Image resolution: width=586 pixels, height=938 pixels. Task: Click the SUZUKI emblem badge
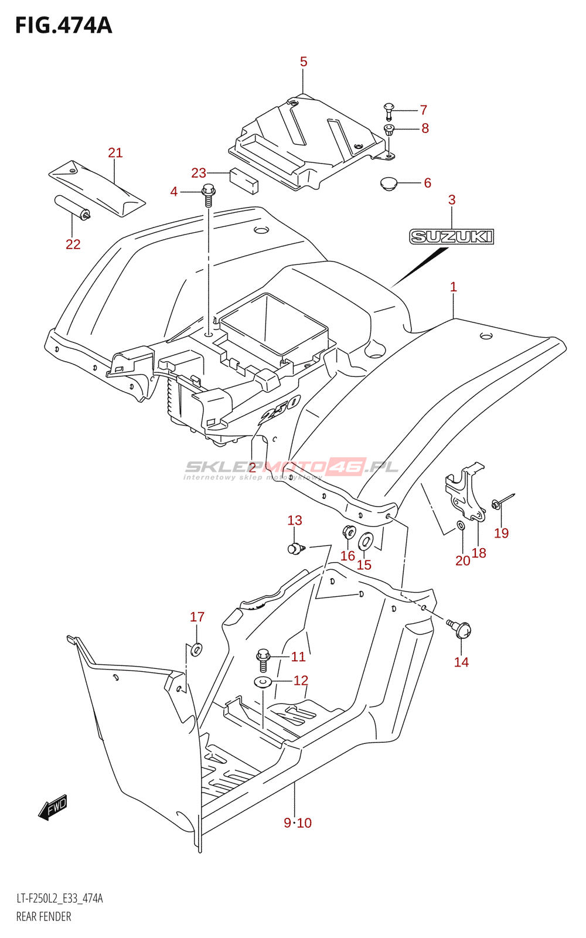pos(451,237)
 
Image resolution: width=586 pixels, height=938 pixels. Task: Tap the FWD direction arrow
pos(53,807)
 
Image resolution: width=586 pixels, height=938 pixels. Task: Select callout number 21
pos(115,153)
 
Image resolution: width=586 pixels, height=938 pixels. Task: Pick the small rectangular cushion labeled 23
pos(243,181)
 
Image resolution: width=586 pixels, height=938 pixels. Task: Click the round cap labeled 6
pos(389,184)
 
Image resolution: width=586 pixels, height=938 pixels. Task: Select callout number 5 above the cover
pos(304,62)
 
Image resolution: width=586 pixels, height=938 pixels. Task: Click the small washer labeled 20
pos(461,525)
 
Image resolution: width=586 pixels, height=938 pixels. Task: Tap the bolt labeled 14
pos(460,628)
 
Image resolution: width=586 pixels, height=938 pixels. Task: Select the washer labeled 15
pos(366,541)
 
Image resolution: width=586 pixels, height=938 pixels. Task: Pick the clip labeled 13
pos(295,549)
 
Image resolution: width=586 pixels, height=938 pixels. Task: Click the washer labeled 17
pos(196,649)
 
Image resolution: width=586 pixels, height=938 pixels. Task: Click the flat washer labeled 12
pos(263,682)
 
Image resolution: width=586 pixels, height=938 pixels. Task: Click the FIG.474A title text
pos(63,26)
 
